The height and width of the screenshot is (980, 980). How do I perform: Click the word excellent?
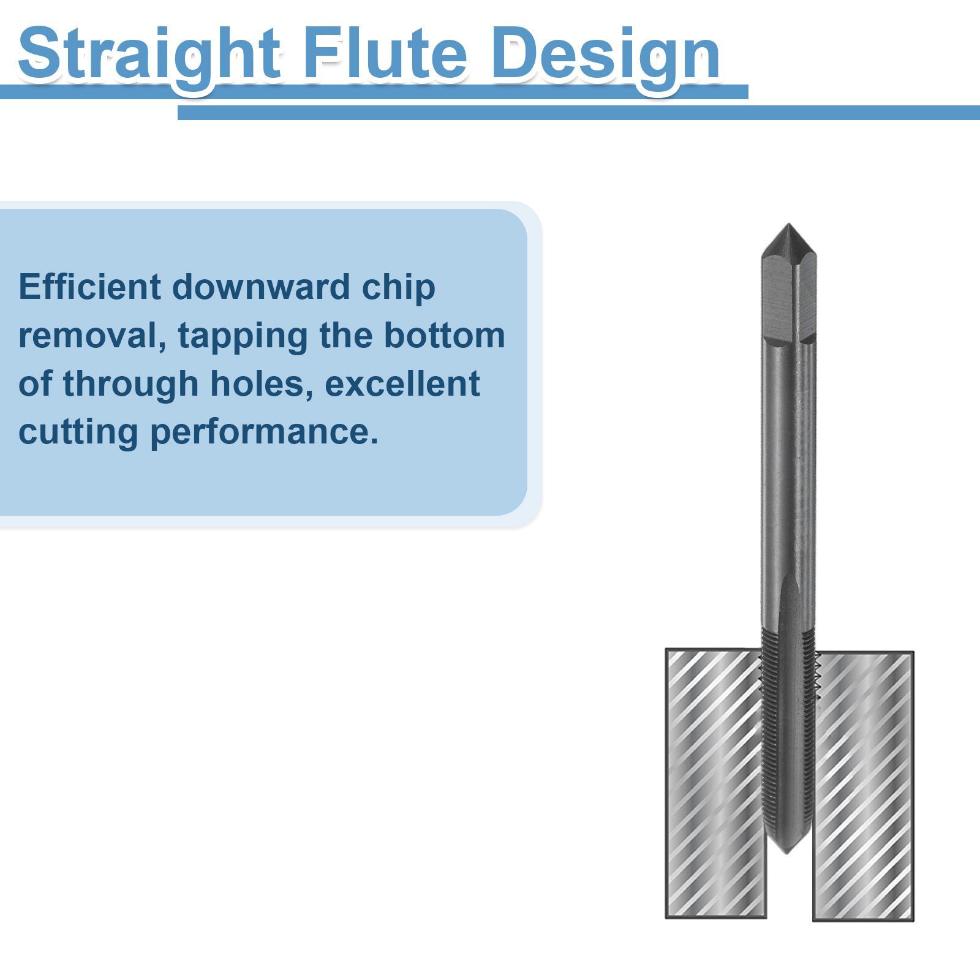click(x=402, y=383)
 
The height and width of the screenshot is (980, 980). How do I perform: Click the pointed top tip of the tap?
click(x=789, y=224)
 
